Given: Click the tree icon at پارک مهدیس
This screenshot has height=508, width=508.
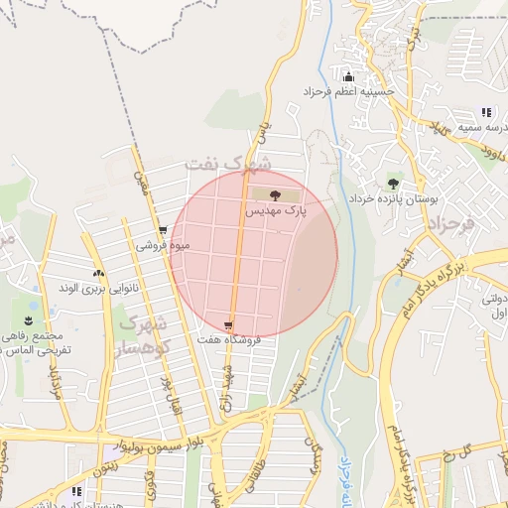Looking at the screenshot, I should (275, 195).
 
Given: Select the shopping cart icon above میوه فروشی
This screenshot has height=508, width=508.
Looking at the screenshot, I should (163, 231).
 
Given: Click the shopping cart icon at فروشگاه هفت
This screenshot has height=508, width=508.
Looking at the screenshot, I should (229, 325).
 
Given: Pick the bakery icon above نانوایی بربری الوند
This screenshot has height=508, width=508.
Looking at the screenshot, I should (97, 274).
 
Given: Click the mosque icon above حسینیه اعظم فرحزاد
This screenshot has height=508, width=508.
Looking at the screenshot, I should (348, 77).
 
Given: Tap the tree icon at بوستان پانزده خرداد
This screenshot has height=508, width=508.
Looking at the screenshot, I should (393, 184).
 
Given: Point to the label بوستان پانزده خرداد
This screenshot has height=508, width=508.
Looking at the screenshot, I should (392, 198).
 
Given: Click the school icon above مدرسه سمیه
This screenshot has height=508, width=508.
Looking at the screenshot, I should (485, 113).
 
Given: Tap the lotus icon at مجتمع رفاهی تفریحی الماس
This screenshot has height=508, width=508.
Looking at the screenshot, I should (29, 319).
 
